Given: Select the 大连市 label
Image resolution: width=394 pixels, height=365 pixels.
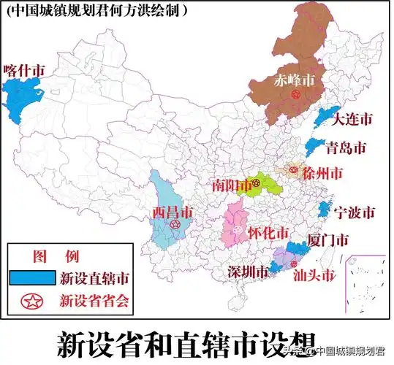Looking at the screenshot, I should click(353, 118).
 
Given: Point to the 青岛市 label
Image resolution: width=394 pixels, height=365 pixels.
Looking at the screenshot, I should click(346, 148).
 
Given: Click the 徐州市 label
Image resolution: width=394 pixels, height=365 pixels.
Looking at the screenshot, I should click(322, 174).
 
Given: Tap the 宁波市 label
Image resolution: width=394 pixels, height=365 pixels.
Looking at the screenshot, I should click(355, 212).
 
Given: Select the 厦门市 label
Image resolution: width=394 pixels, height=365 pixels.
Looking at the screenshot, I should click(328, 239).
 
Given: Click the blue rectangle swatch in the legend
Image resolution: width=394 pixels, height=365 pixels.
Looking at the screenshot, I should click(32, 277).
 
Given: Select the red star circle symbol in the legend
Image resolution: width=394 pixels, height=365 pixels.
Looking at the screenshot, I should click(32, 299).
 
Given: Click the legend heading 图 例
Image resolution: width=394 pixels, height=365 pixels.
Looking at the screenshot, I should click(56, 256).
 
